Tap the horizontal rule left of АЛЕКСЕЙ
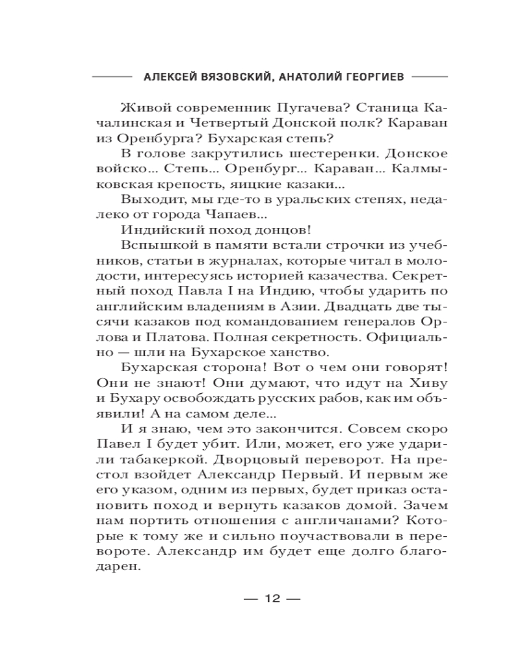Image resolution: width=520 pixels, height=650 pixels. pos(112,76)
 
